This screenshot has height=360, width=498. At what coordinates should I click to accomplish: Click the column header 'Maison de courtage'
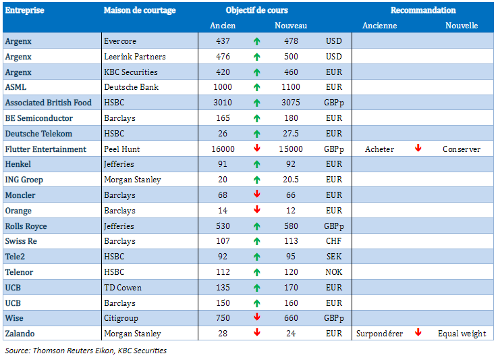(140, 11)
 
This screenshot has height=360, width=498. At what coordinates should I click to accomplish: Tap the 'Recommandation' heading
(423, 11)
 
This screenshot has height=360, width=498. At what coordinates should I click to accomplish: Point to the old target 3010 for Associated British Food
(223, 103)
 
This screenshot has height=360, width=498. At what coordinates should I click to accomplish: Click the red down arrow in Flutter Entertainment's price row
(256, 149)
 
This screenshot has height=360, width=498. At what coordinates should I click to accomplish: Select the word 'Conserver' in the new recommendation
(462, 149)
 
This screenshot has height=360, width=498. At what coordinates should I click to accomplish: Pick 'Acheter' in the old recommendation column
(379, 149)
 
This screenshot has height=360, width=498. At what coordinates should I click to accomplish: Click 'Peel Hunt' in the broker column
(121, 149)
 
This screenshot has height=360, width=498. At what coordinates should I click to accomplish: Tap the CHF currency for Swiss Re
(333, 242)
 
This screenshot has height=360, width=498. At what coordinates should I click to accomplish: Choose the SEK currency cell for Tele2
(333, 257)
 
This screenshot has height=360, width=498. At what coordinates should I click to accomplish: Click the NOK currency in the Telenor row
(333, 273)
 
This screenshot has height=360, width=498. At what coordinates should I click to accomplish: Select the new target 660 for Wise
(291, 319)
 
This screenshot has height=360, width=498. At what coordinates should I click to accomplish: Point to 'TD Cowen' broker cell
(123, 288)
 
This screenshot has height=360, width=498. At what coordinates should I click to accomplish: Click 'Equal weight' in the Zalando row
(462, 334)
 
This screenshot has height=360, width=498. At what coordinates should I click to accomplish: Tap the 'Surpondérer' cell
(379, 334)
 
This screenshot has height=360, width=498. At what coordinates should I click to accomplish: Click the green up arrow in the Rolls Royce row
(256, 226)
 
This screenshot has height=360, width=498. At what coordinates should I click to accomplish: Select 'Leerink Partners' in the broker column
(135, 57)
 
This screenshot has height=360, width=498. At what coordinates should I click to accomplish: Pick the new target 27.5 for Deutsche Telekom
(291, 134)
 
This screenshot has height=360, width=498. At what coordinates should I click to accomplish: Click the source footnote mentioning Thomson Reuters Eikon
(86, 351)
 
